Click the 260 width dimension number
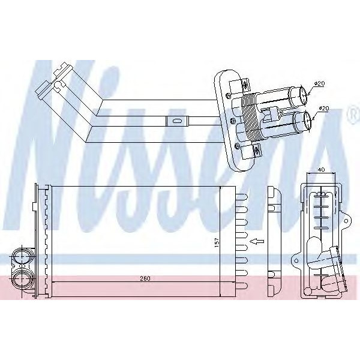(145, 279)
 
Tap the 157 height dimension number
(217, 242)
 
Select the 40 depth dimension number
(322, 170)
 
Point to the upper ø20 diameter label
(319, 83)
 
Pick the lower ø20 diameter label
(323, 108)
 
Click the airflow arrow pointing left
(257, 241)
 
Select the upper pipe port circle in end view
(22, 257)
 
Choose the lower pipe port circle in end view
(22, 278)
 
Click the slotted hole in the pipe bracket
(177, 121)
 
